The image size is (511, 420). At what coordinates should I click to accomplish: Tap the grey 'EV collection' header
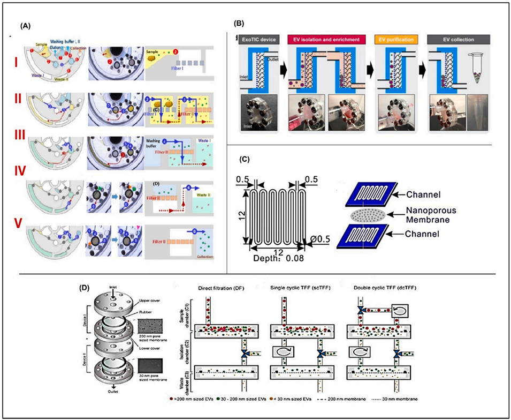pos(450,39)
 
